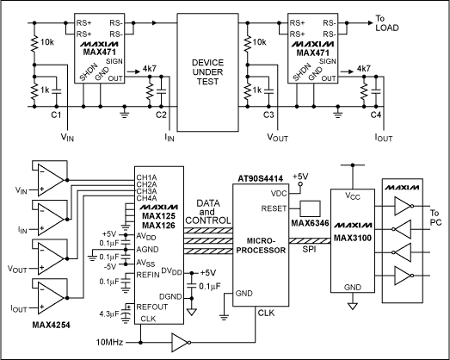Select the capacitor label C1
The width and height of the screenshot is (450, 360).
coord(56,114)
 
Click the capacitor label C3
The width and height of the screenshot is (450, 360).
coord(269,114)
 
